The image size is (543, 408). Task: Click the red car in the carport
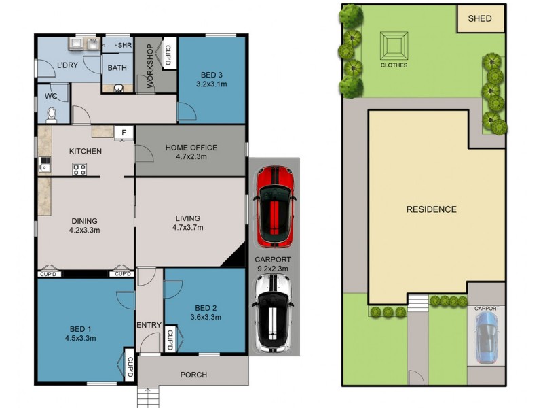pyautogui.click(x=274, y=207)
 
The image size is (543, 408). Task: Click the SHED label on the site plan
pyautogui.click(x=480, y=19)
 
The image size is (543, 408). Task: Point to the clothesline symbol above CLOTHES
pyautogui.click(x=394, y=46)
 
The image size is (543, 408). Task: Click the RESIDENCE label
pyautogui.click(x=431, y=209)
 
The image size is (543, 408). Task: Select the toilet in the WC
pyautogui.click(x=52, y=116)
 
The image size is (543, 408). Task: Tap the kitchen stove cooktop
pyautogui.click(x=79, y=169)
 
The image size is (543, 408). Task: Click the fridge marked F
pyautogui.click(x=124, y=133)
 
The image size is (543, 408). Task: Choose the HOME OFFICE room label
pyautogui.click(x=191, y=148)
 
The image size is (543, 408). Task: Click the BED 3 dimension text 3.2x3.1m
pyautogui.click(x=211, y=84)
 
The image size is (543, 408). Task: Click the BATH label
pyautogui.click(x=117, y=68)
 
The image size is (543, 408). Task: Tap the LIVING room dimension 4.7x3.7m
pyautogui.click(x=189, y=228)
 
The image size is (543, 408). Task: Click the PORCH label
pyautogui.click(x=193, y=375)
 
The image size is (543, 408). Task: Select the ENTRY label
pyautogui.click(x=149, y=325)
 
